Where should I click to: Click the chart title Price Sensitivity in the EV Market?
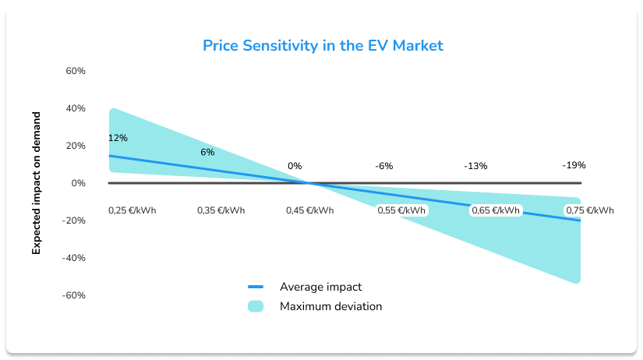click(323, 45)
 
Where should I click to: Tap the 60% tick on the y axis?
click(75, 71)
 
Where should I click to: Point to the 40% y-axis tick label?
click(75, 108)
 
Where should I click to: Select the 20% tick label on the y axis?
click(75, 146)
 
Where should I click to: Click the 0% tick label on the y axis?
click(78, 183)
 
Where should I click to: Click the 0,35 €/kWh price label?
click(221, 210)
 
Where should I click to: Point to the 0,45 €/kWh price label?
click(309, 210)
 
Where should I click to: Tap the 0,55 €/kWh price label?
click(401, 210)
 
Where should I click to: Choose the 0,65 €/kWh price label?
click(496, 210)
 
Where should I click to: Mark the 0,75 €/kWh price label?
click(589, 210)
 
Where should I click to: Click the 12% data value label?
click(118, 138)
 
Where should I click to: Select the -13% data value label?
click(475, 166)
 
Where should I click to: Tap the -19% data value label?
click(574, 165)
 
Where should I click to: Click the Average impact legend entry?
click(320, 287)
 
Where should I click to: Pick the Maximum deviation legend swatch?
click(256, 306)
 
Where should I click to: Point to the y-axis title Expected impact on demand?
click(36, 183)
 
